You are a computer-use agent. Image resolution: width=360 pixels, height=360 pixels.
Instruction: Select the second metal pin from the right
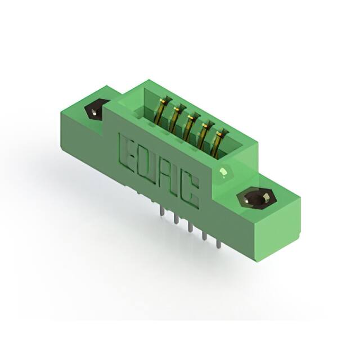click(204, 237)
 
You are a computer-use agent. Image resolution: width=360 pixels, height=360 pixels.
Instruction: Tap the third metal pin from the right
click(190, 229)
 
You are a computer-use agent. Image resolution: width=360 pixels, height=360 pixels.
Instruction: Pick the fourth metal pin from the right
click(176, 222)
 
